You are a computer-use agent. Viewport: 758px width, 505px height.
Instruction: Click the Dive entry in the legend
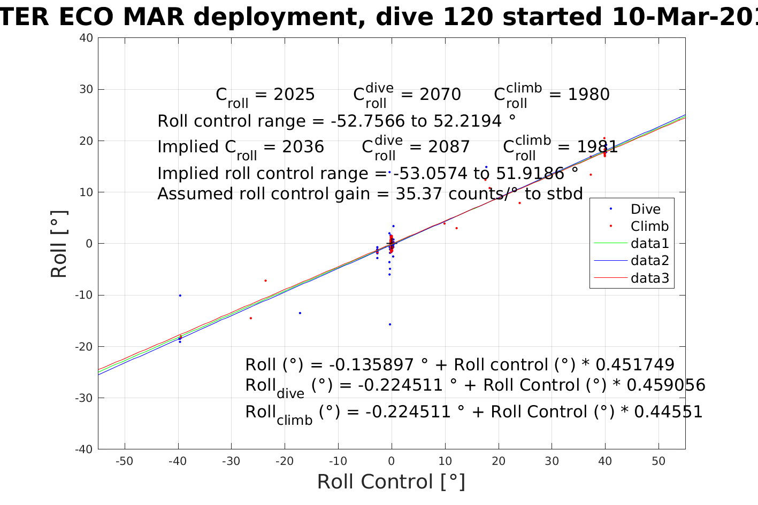pyautogui.click(x=645, y=209)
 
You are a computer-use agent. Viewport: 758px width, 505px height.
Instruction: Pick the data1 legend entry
pyautogui.click(x=649, y=244)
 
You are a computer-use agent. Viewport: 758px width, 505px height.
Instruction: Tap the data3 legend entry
pyautogui.click(x=649, y=278)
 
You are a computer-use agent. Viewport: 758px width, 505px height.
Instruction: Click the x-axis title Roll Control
pyautogui.click(x=391, y=482)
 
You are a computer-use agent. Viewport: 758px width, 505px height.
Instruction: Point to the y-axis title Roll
pyautogui.click(x=59, y=244)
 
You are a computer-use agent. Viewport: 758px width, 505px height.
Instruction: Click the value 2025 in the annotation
pyautogui.click(x=294, y=95)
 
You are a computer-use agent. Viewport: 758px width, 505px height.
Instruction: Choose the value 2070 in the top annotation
pyautogui.click(x=440, y=95)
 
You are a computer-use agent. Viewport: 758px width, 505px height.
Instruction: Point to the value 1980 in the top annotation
pyautogui.click(x=588, y=95)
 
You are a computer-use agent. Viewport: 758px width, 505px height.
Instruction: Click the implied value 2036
pyautogui.click(x=303, y=147)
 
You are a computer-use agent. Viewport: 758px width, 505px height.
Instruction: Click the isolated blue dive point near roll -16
pyautogui.click(x=390, y=324)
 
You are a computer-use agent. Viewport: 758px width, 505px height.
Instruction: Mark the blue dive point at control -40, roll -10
pyautogui.click(x=180, y=296)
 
